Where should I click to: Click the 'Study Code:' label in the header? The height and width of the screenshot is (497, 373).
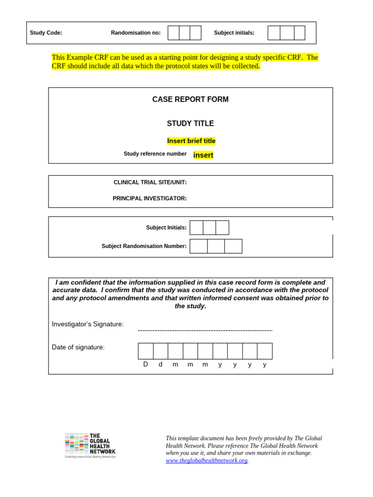click(x=46, y=33)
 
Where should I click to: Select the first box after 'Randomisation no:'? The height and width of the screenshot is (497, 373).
click(x=173, y=33)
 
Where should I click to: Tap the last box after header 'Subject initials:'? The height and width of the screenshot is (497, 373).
click(x=300, y=33)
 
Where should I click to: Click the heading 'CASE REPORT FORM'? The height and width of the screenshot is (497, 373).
click(x=190, y=99)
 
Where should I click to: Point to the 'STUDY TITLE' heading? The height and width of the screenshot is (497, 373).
click(x=190, y=124)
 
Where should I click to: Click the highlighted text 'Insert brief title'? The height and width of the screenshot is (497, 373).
click(x=191, y=141)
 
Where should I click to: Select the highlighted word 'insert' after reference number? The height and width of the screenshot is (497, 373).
click(x=203, y=155)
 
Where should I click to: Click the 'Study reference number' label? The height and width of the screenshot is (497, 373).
click(x=155, y=154)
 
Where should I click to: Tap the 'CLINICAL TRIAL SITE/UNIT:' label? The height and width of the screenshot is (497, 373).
click(x=150, y=182)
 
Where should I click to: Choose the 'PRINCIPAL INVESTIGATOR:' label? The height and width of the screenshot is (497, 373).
click(x=150, y=199)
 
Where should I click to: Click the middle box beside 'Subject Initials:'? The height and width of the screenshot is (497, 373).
click(x=209, y=228)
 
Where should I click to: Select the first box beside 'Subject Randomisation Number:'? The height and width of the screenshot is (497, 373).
click(x=199, y=246)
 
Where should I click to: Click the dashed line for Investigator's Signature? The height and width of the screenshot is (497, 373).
click(x=205, y=331)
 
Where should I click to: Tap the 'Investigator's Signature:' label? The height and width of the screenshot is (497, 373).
click(x=88, y=324)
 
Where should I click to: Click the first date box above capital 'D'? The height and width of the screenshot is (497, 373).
click(x=146, y=351)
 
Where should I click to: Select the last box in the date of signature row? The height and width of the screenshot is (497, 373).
click(x=265, y=351)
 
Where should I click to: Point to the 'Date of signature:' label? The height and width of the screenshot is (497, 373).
click(x=78, y=348)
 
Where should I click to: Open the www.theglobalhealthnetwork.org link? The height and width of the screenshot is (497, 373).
click(x=206, y=461)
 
